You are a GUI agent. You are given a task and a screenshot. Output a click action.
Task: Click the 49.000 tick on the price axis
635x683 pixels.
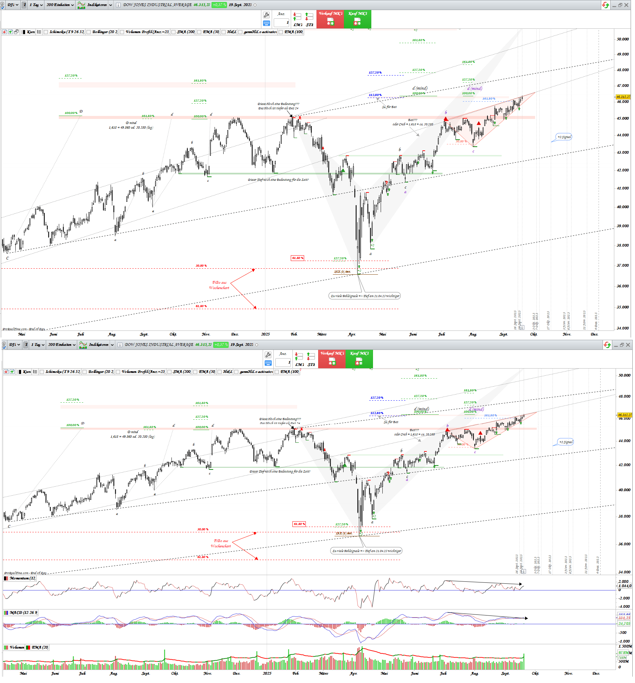(622, 54)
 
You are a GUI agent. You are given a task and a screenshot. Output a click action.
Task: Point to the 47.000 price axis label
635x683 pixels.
(622, 86)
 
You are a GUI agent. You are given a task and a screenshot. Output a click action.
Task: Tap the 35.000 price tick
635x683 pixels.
(622, 307)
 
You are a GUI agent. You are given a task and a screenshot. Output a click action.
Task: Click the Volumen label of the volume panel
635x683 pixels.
(16, 648)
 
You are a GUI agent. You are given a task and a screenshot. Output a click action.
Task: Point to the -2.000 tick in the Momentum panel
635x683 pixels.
(624, 598)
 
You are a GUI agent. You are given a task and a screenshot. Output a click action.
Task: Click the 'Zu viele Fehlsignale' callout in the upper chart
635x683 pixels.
(365, 296)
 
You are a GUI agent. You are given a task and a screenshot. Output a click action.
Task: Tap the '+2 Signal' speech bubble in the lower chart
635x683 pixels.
(565, 442)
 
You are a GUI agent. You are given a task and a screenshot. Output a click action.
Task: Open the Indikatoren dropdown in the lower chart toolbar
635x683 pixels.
(112, 345)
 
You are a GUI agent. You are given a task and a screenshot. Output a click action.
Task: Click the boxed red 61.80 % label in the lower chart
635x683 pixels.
(299, 524)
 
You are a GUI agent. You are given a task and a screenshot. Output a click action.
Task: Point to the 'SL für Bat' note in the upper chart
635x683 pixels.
(389, 107)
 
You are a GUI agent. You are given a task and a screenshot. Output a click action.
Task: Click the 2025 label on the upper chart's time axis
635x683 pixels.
(265, 334)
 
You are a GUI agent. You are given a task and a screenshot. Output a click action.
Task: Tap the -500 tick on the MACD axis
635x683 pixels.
(622, 633)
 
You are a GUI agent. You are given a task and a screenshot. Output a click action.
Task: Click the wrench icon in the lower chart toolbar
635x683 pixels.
(268, 355)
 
